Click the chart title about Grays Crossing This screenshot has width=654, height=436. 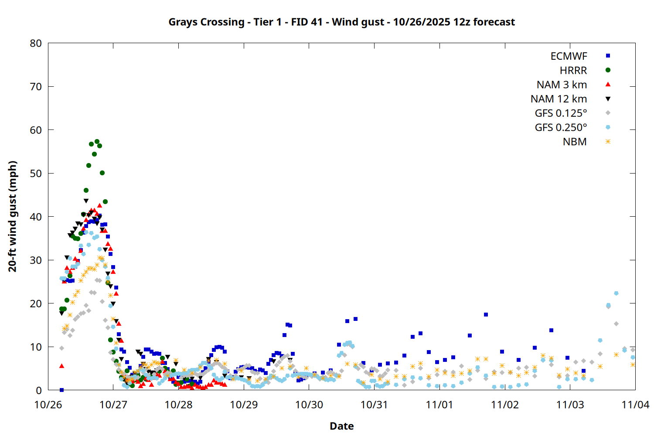341,22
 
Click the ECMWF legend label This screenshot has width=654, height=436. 569,56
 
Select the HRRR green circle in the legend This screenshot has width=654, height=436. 608,70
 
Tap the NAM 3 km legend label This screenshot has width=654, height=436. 562,85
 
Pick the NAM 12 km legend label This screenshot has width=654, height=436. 559,99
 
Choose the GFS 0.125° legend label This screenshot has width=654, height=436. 561,113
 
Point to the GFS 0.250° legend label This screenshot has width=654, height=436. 561,128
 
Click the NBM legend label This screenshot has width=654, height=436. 575,142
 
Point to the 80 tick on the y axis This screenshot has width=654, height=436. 36,43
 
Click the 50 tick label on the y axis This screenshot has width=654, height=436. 36,173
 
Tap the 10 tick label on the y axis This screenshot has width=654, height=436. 36,347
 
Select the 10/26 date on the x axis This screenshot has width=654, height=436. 48,405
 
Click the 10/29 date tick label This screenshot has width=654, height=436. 244,405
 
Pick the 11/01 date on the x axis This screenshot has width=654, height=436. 439,405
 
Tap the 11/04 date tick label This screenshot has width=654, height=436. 635,405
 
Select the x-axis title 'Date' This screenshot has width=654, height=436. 341,426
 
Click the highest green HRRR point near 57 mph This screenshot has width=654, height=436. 97,142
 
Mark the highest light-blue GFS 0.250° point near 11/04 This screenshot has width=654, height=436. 616,293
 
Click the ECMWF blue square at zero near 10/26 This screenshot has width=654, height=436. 61,390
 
